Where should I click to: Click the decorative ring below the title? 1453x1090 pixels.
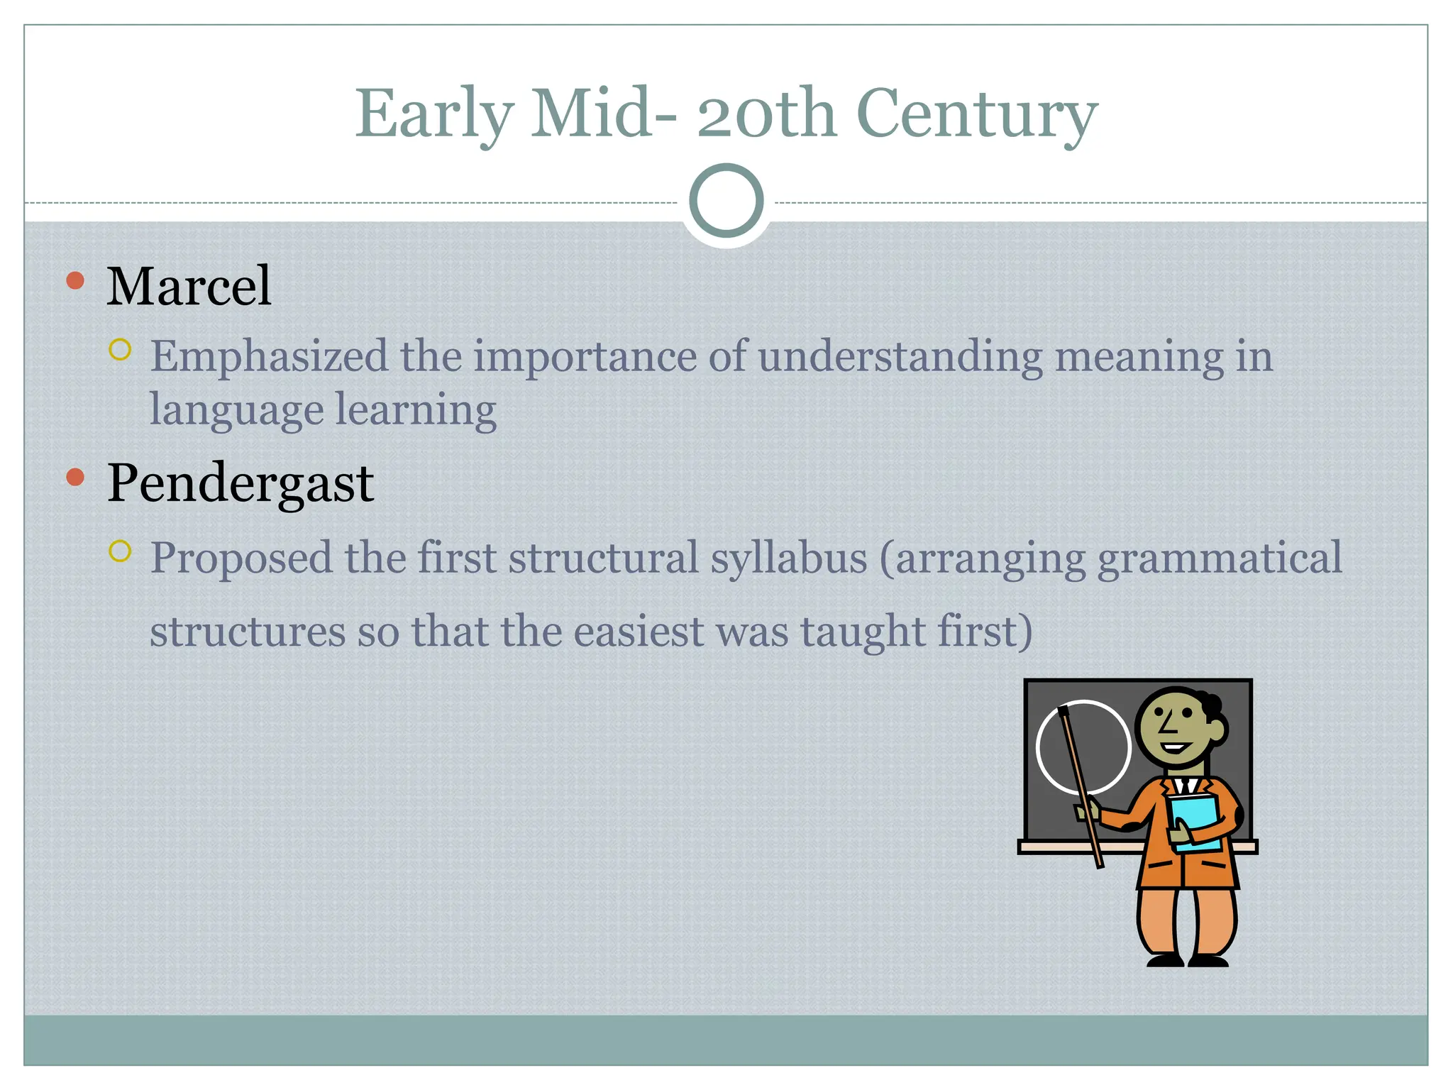click(x=726, y=200)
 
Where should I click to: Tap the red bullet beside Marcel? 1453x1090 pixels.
click(x=75, y=280)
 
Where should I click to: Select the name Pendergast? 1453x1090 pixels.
click(x=240, y=483)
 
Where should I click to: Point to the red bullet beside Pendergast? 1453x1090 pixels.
click(x=75, y=477)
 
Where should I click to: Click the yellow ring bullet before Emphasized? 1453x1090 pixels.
click(x=121, y=349)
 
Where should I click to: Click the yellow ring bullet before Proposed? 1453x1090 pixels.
click(x=121, y=551)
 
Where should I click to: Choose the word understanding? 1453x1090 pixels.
click(x=900, y=356)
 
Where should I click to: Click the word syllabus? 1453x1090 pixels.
click(x=788, y=558)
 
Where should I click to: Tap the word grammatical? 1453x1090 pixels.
click(x=1219, y=558)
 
